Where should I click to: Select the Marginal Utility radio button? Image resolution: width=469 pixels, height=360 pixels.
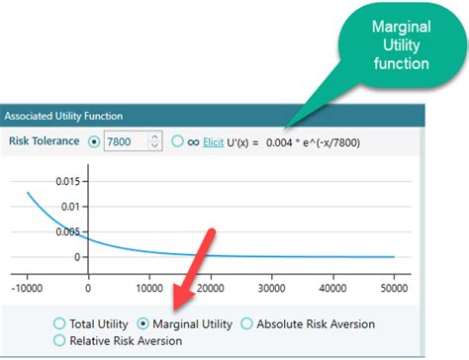click(x=144, y=323)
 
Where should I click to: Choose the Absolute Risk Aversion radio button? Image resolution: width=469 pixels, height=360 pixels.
click(x=247, y=323)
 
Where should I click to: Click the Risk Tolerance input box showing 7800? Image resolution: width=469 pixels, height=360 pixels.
click(x=125, y=141)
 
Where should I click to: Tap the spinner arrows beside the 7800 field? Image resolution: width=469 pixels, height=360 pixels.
click(x=154, y=141)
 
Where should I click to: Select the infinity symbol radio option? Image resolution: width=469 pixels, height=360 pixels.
click(x=177, y=141)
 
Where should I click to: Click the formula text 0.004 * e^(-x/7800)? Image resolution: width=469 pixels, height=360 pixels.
click(x=326, y=141)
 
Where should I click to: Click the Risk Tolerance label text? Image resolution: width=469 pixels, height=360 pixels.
click(x=43, y=141)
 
